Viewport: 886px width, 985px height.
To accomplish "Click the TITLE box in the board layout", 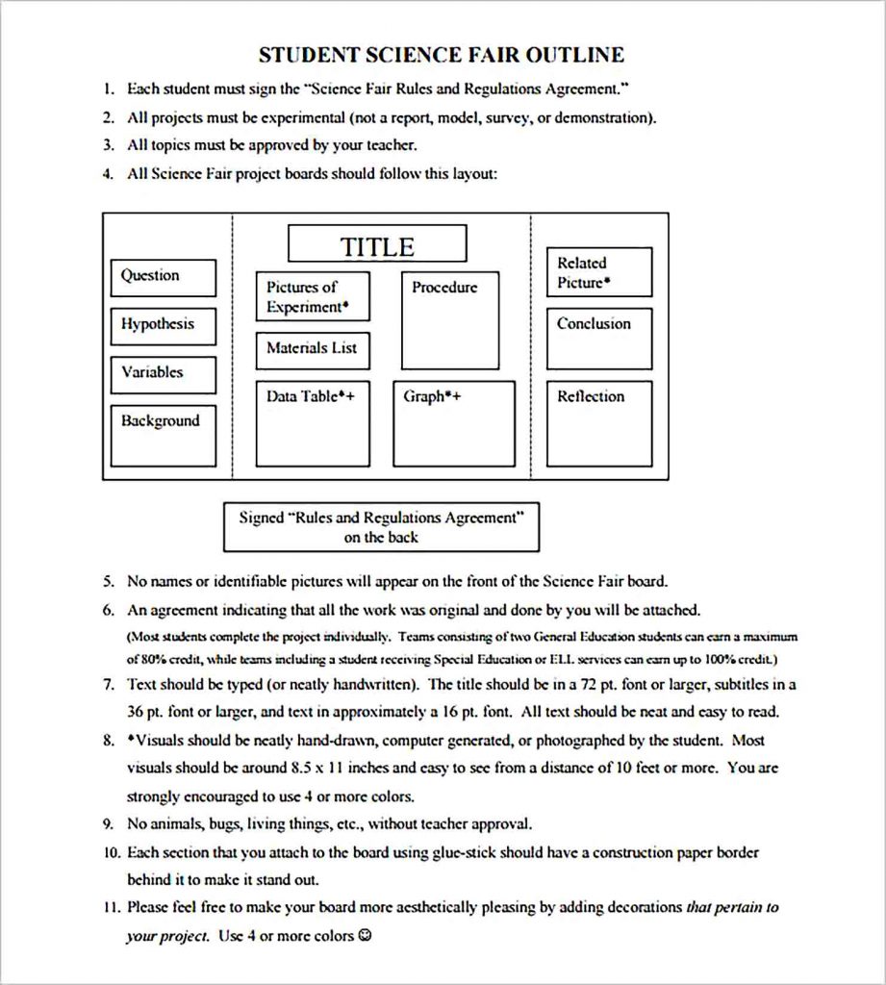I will (x=377, y=244).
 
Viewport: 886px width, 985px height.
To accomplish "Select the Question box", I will (x=163, y=277).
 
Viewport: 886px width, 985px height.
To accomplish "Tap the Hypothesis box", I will (x=163, y=326).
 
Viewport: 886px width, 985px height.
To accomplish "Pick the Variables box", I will (x=163, y=374).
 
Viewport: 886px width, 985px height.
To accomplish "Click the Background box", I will (x=163, y=435).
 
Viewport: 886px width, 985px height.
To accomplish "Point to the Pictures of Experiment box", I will (x=312, y=297).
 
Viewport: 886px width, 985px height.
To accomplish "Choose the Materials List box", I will (x=312, y=349).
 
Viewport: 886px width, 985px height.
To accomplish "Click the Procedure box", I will (x=449, y=320).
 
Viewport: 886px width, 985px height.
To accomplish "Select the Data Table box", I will (x=312, y=423).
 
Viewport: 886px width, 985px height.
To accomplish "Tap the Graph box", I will (x=453, y=423).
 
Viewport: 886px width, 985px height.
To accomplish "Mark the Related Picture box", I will (x=598, y=272).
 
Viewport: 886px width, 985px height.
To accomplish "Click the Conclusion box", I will (x=598, y=338).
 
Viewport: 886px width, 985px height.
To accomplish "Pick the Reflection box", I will (x=598, y=423).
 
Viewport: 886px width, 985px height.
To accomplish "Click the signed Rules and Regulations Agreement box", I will (x=381, y=527).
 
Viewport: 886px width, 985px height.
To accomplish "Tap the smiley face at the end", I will (x=364, y=935).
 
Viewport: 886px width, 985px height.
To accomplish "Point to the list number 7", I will (x=109, y=685).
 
